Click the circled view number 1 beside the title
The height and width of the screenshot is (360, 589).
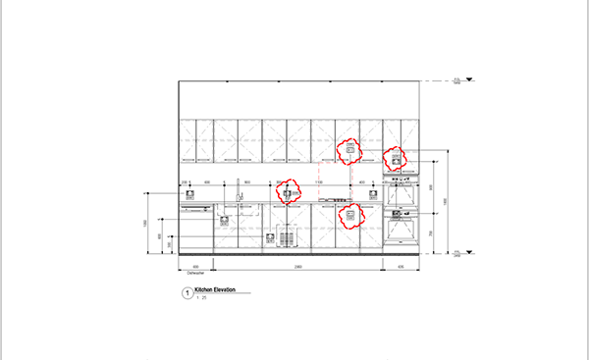tap(187, 292)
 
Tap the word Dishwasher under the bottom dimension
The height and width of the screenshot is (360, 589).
tap(194, 273)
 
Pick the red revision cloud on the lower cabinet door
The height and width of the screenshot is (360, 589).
tap(348, 215)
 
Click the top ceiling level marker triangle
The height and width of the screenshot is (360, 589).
tap(470, 78)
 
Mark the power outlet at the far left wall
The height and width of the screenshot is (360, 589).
tap(190, 193)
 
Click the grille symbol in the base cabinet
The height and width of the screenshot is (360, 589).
tap(288, 236)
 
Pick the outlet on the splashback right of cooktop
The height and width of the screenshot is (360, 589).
tap(372, 193)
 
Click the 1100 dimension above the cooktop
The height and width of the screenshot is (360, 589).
tap(318, 182)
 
